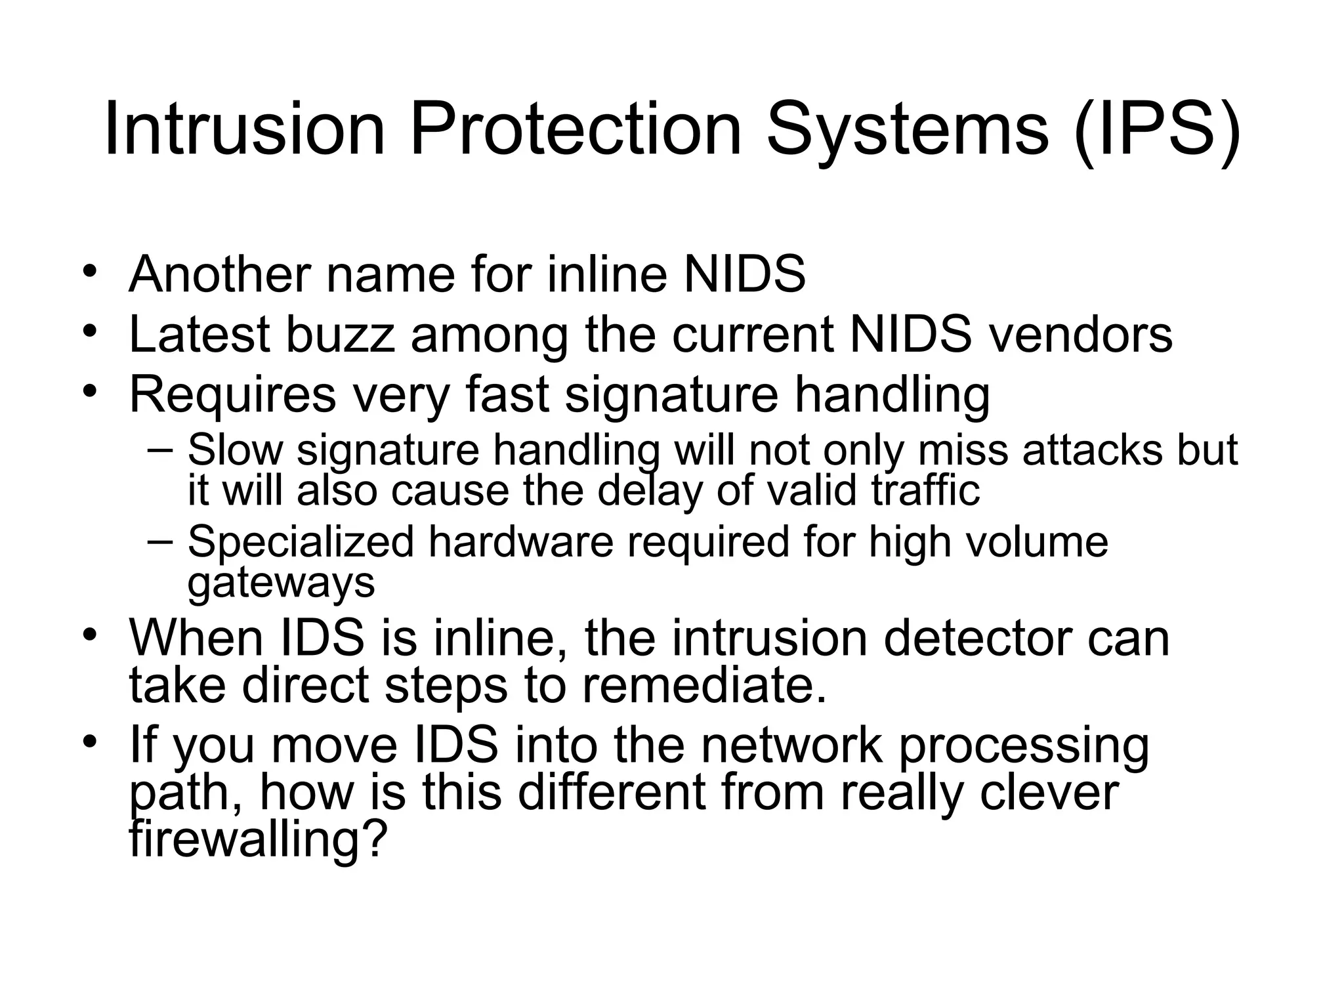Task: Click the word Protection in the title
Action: point(575,129)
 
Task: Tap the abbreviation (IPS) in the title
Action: point(1157,129)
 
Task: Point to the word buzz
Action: point(340,334)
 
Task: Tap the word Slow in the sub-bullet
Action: point(235,450)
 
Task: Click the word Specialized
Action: point(301,542)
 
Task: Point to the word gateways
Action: point(281,582)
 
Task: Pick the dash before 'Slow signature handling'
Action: point(159,450)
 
